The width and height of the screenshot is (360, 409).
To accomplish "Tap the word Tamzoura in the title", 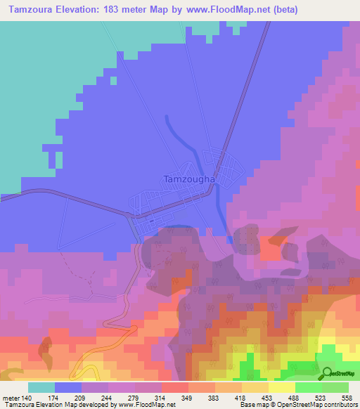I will tap(30, 10).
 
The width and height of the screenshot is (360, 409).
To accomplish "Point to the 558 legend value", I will tap(349, 398).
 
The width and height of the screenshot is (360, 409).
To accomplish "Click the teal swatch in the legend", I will tap(41, 387).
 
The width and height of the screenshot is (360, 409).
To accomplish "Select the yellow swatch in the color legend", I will tap(282, 387).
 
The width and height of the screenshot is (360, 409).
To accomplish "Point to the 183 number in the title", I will tap(125, 10).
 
